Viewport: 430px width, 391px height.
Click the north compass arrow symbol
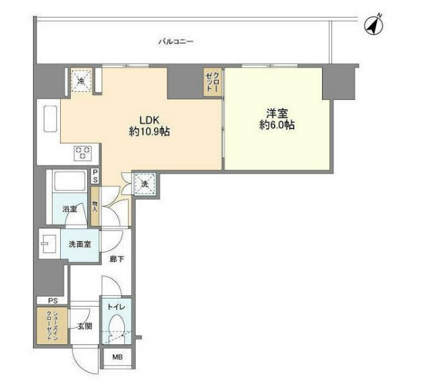[374, 25]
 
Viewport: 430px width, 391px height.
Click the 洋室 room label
[277, 113]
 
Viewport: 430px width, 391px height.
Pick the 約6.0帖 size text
[277, 126]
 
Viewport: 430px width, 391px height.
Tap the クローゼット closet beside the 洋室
[213, 82]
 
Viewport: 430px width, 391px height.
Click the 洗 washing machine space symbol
[144, 182]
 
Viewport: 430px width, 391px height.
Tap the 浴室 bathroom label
[70, 209]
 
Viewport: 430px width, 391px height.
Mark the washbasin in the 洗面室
[47, 244]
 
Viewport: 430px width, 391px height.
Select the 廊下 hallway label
[116, 259]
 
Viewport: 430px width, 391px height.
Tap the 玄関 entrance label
[85, 327]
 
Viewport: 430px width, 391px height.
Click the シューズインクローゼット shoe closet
[52, 326]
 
